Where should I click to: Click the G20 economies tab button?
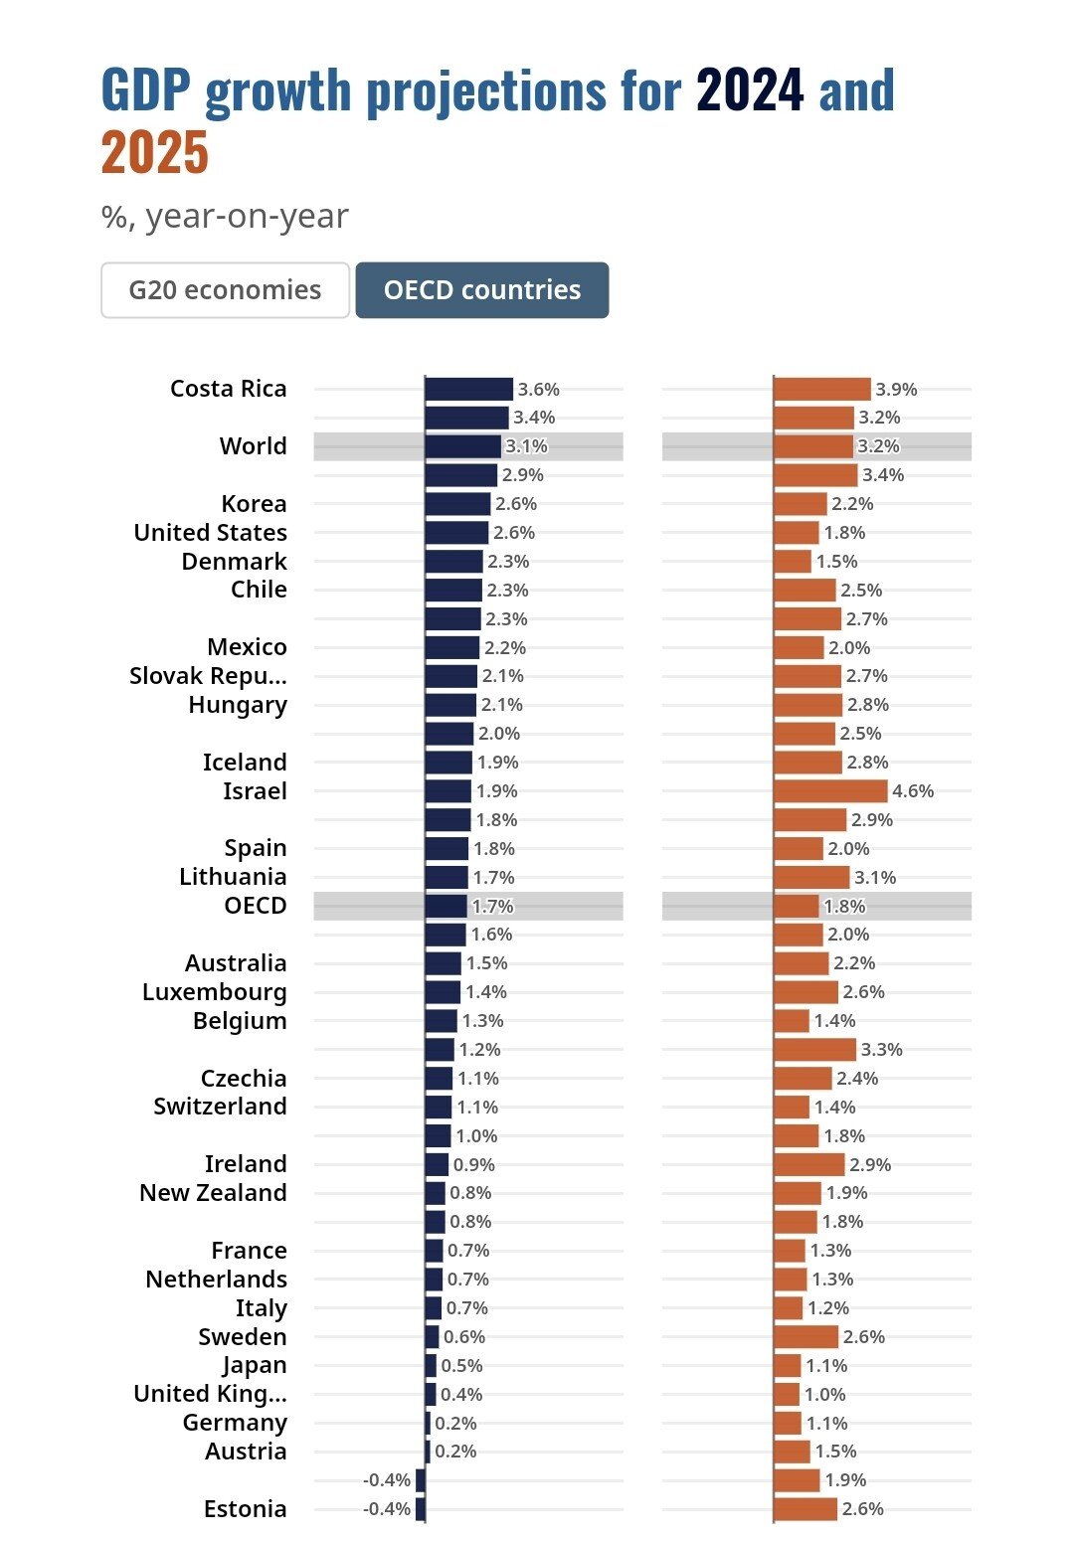click(x=225, y=290)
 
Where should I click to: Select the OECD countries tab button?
click(x=482, y=290)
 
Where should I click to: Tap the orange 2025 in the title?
click(x=155, y=153)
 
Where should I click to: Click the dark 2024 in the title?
click(x=750, y=90)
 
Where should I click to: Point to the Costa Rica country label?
click(x=228, y=389)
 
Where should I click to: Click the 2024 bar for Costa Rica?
click(x=468, y=390)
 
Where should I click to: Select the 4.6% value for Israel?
click(x=913, y=791)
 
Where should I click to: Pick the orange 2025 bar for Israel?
click(x=830, y=791)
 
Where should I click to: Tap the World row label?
click(x=253, y=446)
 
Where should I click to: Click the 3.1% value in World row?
click(x=526, y=446)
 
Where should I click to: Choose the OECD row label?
click(x=256, y=906)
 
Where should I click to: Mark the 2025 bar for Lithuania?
click(x=811, y=877)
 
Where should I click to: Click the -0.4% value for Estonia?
click(x=387, y=1509)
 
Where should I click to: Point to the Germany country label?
click(x=235, y=1423)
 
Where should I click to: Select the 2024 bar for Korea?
click(x=457, y=504)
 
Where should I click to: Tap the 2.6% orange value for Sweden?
click(x=863, y=1337)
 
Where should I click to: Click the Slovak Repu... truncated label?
click(x=208, y=676)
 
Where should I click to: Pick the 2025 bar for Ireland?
click(x=808, y=1164)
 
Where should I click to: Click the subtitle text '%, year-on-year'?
click(x=225, y=217)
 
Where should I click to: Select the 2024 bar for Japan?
click(x=431, y=1366)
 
